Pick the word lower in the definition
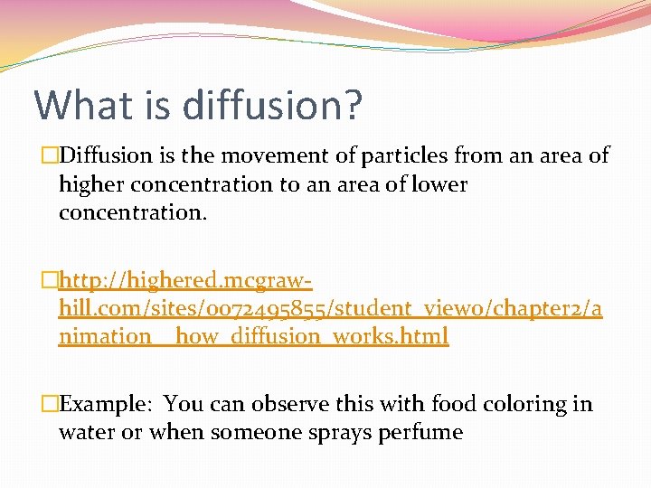click(438, 184)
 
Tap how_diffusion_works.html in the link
click(312, 337)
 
